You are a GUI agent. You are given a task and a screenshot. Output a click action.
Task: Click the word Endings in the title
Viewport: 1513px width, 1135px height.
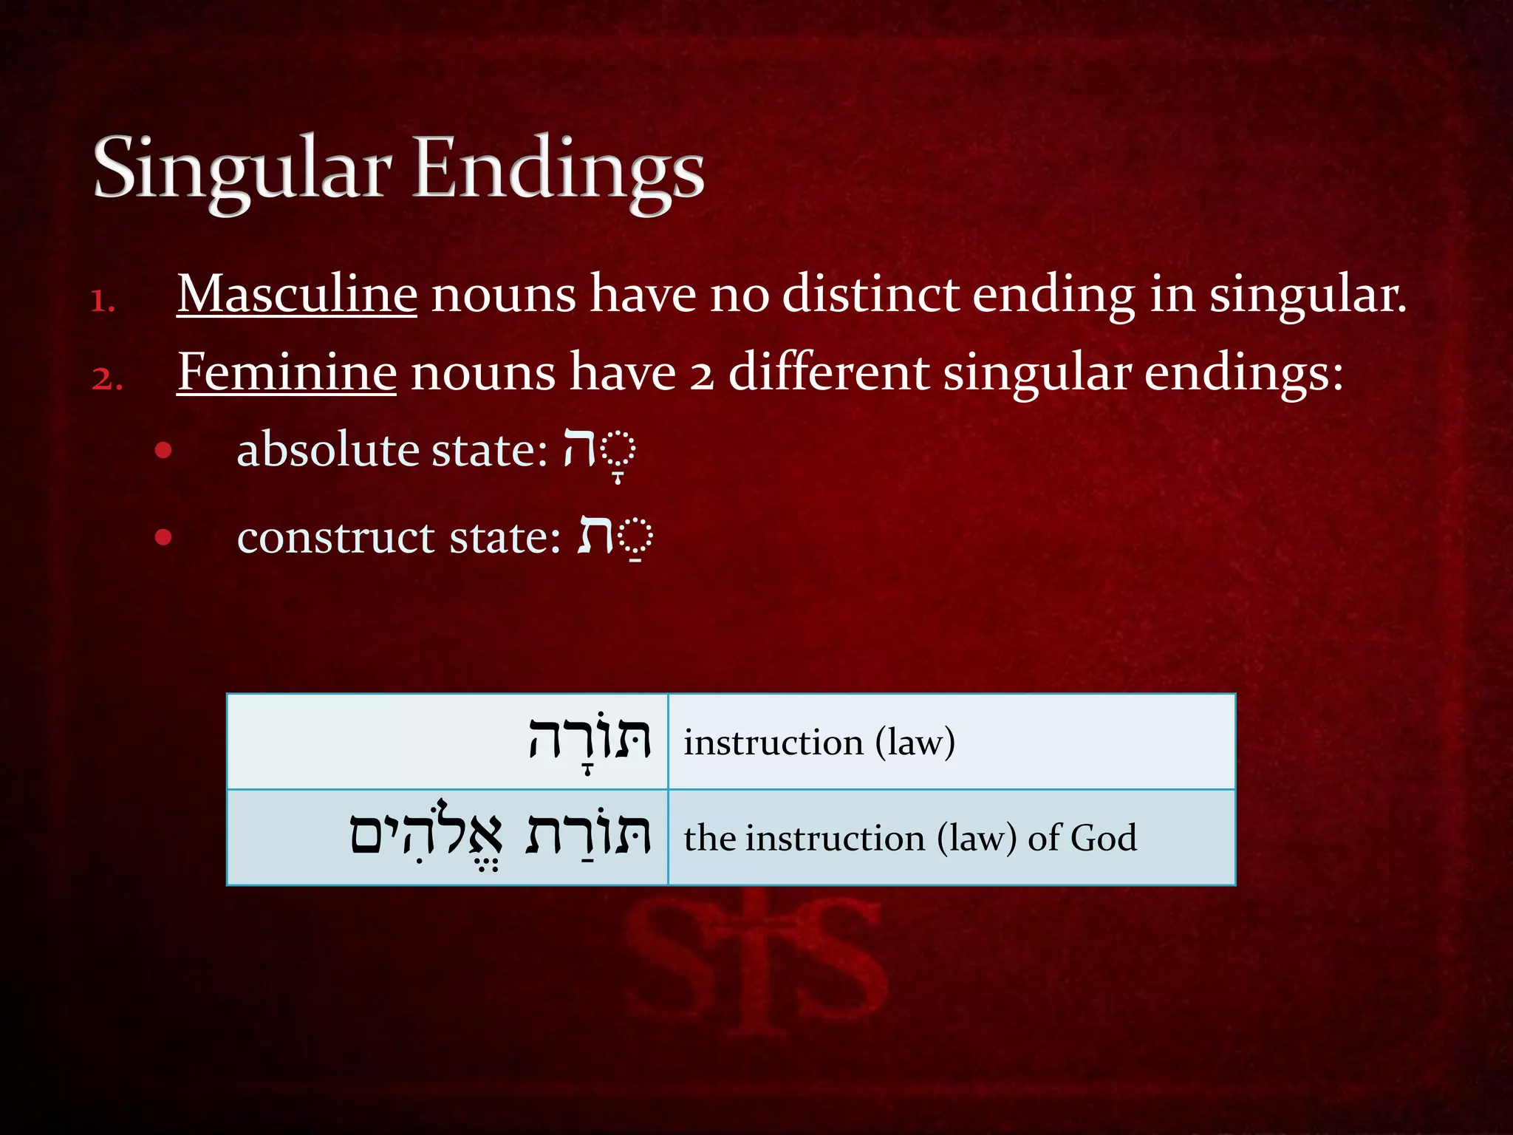tap(558, 170)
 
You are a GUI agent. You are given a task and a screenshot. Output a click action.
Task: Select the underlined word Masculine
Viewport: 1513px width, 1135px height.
tap(296, 294)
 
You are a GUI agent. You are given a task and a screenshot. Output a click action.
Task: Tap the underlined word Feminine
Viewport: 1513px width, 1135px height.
tap(287, 372)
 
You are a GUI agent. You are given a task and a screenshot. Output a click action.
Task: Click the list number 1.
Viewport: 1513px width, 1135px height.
tap(103, 301)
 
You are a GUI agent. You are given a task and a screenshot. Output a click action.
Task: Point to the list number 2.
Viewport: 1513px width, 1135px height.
tap(106, 379)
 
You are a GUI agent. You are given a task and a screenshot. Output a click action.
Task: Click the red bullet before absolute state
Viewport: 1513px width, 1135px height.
tap(163, 450)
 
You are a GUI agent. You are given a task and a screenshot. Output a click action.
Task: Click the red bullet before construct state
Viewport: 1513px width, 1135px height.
tap(163, 537)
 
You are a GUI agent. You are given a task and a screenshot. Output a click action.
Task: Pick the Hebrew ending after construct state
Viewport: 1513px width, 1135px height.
tap(613, 536)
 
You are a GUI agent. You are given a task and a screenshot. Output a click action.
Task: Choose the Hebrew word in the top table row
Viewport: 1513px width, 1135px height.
tap(589, 740)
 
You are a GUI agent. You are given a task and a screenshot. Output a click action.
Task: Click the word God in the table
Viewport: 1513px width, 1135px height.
tap(1103, 838)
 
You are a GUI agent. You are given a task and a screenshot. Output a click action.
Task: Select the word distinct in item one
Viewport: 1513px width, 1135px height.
tap(870, 294)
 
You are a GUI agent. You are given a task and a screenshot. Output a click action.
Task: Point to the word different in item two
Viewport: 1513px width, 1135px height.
tap(828, 372)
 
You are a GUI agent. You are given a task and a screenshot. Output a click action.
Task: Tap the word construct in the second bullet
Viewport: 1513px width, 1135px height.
tap(335, 536)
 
